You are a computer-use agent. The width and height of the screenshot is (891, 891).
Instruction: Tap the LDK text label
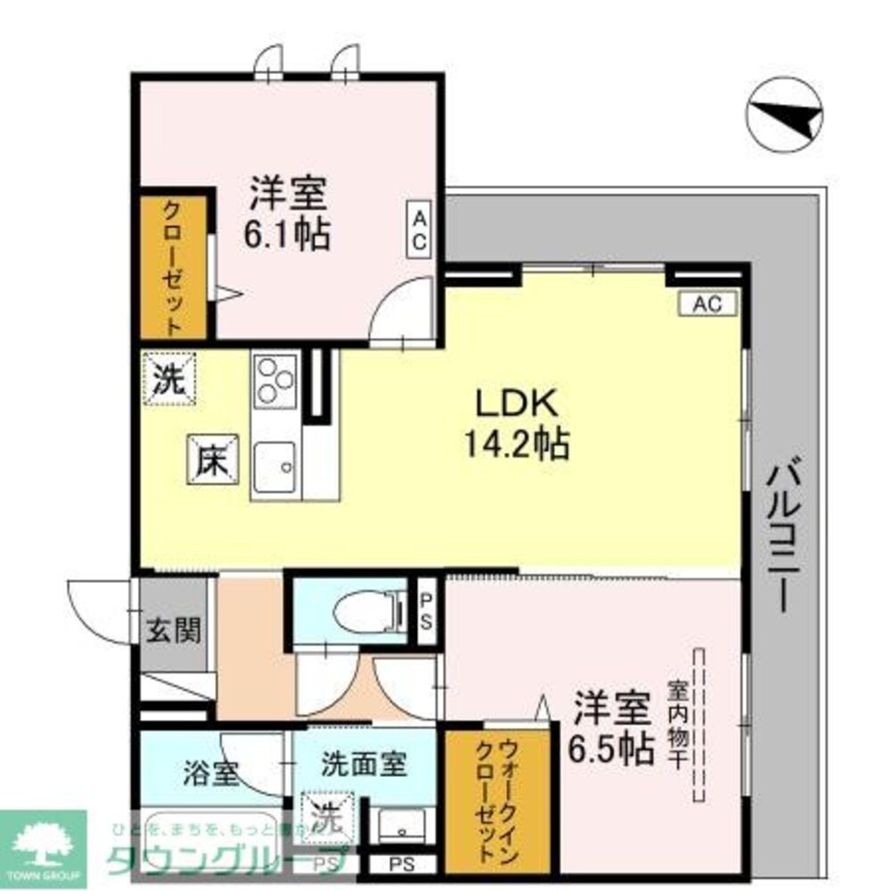click(518, 405)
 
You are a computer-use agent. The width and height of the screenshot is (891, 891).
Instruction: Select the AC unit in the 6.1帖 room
click(421, 230)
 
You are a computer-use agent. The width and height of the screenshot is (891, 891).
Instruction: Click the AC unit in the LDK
click(707, 304)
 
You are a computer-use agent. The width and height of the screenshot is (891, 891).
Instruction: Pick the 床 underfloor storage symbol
click(212, 459)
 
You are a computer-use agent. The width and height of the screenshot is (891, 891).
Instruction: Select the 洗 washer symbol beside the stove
click(168, 380)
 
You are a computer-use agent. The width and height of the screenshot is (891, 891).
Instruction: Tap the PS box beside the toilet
click(427, 611)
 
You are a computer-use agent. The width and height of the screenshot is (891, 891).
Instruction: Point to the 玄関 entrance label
click(173, 631)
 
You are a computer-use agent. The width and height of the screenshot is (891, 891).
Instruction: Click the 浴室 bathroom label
click(211, 773)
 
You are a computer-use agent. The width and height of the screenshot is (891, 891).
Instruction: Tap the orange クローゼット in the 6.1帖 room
click(173, 267)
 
